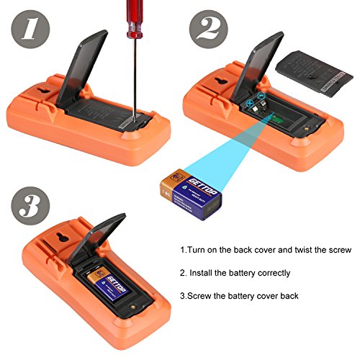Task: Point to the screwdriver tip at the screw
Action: [x=135, y=116]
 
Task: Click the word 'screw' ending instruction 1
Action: [x=337, y=250]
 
